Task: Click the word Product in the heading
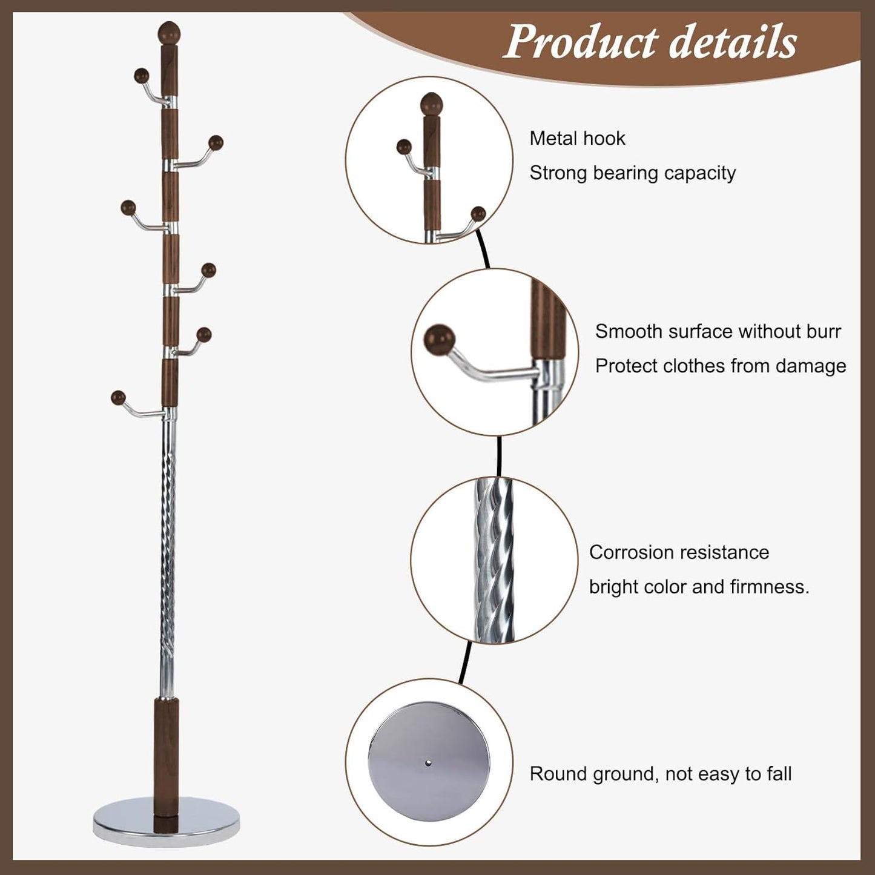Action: [581, 42]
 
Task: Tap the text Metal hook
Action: [577, 139]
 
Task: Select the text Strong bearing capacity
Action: [632, 173]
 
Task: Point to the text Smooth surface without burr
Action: [718, 331]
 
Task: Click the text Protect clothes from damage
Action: [720, 366]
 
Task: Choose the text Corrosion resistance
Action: [679, 552]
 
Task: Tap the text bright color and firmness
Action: [699, 587]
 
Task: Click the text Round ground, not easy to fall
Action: [660, 774]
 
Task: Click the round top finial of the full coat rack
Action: [170, 32]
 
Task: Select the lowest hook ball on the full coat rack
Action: [118, 398]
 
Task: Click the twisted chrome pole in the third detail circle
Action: [494, 560]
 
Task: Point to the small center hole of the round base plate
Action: [429, 763]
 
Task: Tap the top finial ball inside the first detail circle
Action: [432, 104]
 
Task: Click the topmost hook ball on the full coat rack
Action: [141, 76]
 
